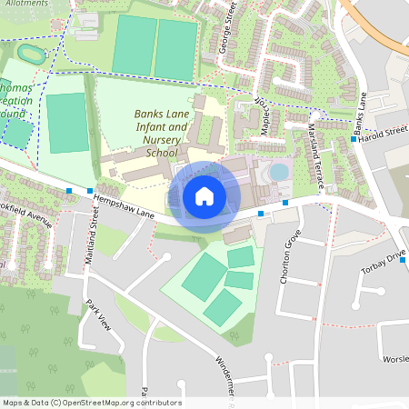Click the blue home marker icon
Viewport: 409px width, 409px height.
(x=204, y=195)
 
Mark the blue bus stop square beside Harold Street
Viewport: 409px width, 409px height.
(x=354, y=139)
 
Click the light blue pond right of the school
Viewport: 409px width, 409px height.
(x=279, y=171)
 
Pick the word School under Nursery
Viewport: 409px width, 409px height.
(x=161, y=154)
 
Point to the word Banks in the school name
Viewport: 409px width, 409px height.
(x=148, y=115)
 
